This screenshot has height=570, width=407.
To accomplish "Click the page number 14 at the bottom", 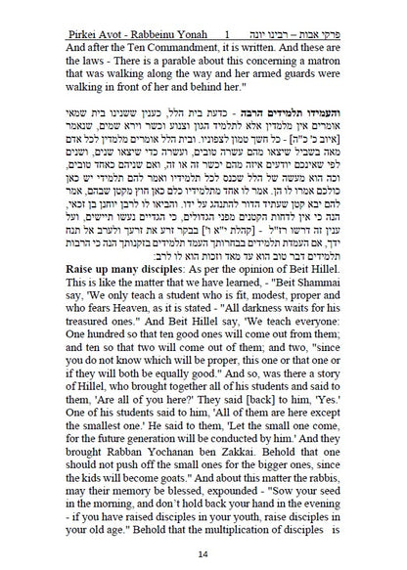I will (203, 555).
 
